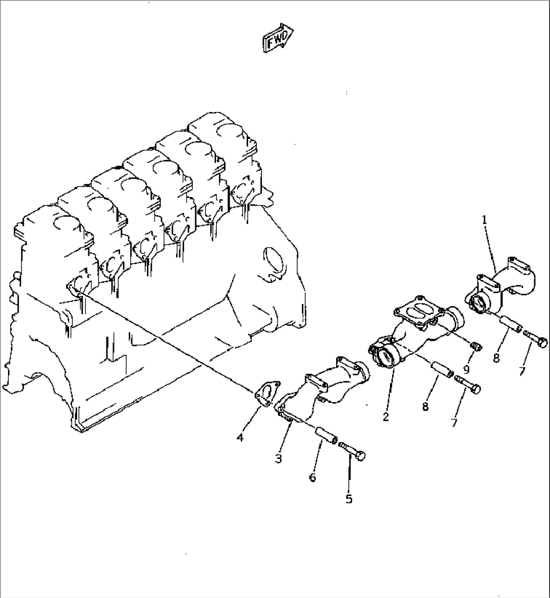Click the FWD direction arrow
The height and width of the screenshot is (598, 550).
(277, 38)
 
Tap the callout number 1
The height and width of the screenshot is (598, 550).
(484, 219)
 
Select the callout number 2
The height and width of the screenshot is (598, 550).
(386, 417)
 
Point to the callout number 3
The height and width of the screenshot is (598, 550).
(279, 458)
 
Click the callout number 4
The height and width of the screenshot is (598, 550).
(240, 438)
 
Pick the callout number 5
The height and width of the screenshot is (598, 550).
(349, 499)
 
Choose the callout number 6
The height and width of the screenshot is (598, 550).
(312, 477)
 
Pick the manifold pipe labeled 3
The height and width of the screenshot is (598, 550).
(323, 388)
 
